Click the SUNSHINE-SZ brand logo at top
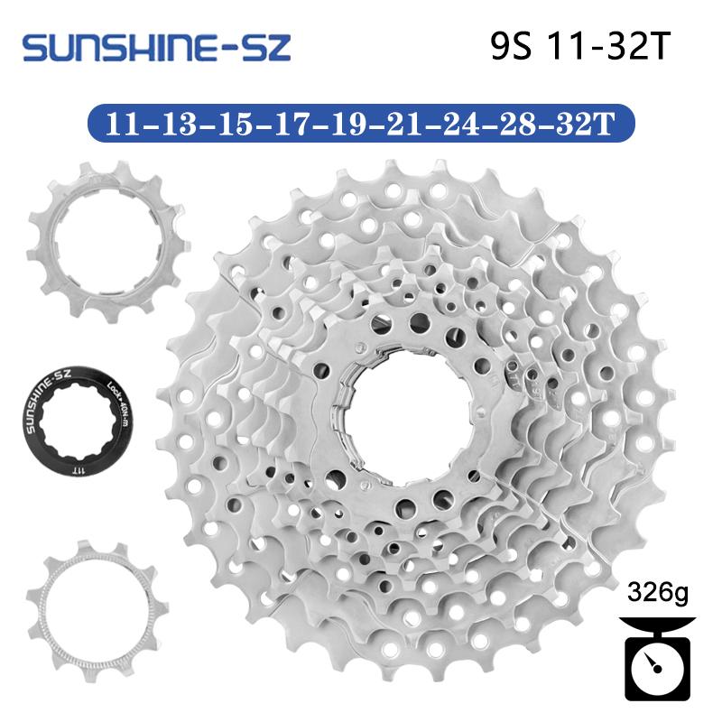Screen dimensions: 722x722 click(156, 47)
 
